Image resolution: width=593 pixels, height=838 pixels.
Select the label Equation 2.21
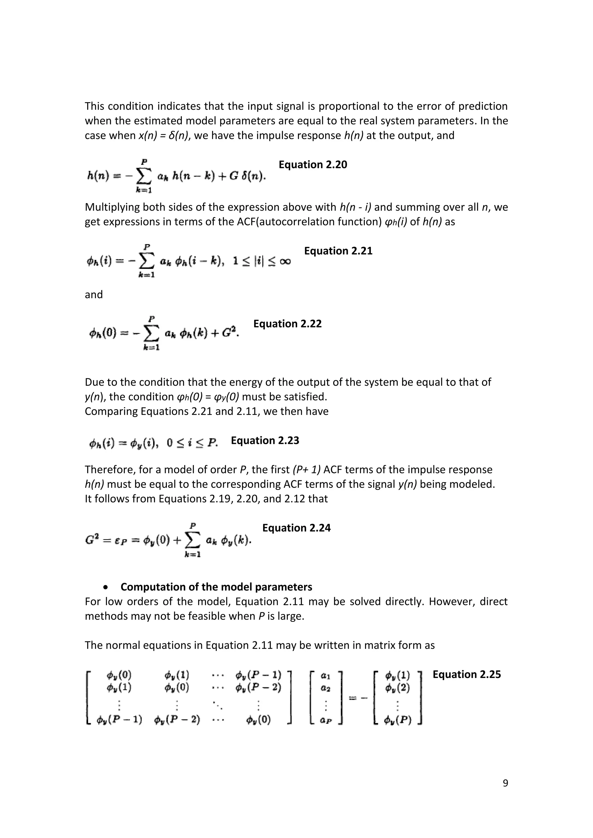[338, 251]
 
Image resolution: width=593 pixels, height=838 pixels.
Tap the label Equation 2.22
[287, 324]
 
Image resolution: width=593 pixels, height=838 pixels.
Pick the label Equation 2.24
[296, 528]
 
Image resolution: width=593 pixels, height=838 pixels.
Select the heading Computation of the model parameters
[216, 587]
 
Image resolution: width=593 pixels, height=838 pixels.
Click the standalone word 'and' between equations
[94, 295]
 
